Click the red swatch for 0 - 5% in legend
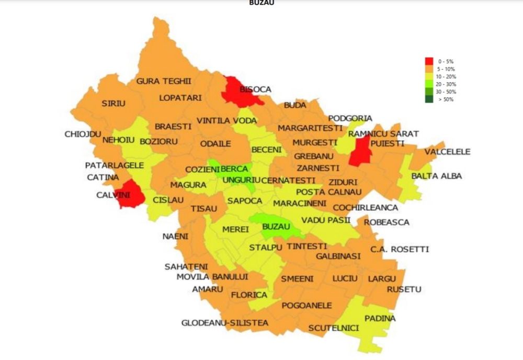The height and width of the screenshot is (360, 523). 429,61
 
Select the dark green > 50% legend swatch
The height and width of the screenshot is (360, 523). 429,99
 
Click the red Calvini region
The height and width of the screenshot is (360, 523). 130,195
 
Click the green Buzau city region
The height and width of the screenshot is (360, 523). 274,226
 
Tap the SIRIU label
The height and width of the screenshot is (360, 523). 113,104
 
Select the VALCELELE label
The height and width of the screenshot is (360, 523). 447,152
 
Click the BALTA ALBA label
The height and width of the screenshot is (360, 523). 437,176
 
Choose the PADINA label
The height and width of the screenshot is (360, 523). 380,318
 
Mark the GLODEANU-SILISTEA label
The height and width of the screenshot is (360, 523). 224,323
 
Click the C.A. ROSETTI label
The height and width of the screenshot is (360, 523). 399,249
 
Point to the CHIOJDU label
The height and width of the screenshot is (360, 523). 83,134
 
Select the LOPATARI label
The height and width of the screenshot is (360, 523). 180,98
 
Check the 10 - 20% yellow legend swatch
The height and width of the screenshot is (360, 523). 429,76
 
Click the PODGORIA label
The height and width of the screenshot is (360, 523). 350,118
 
